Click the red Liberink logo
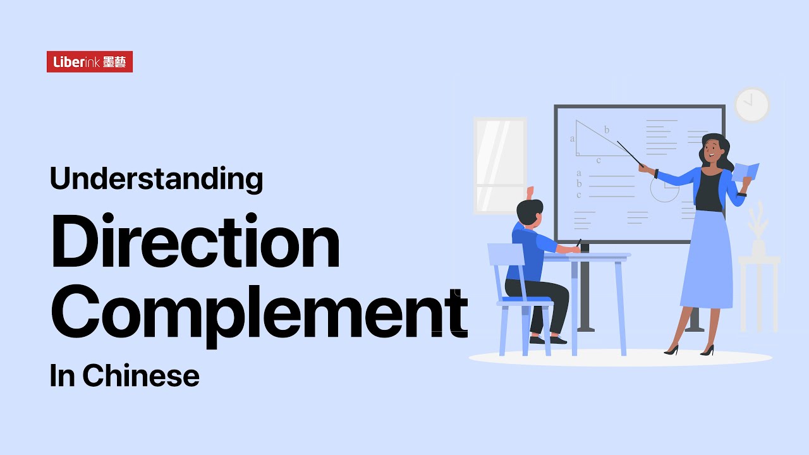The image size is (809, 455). click(89, 62)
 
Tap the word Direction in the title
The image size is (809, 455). click(195, 241)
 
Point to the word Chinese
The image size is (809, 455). click(140, 375)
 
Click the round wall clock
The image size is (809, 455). click(751, 105)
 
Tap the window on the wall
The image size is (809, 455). click(499, 165)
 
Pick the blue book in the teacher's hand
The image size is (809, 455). click(746, 171)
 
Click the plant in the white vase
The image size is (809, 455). click(758, 221)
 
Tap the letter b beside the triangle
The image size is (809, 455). click(607, 130)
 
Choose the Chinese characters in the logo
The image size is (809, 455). click(114, 62)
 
